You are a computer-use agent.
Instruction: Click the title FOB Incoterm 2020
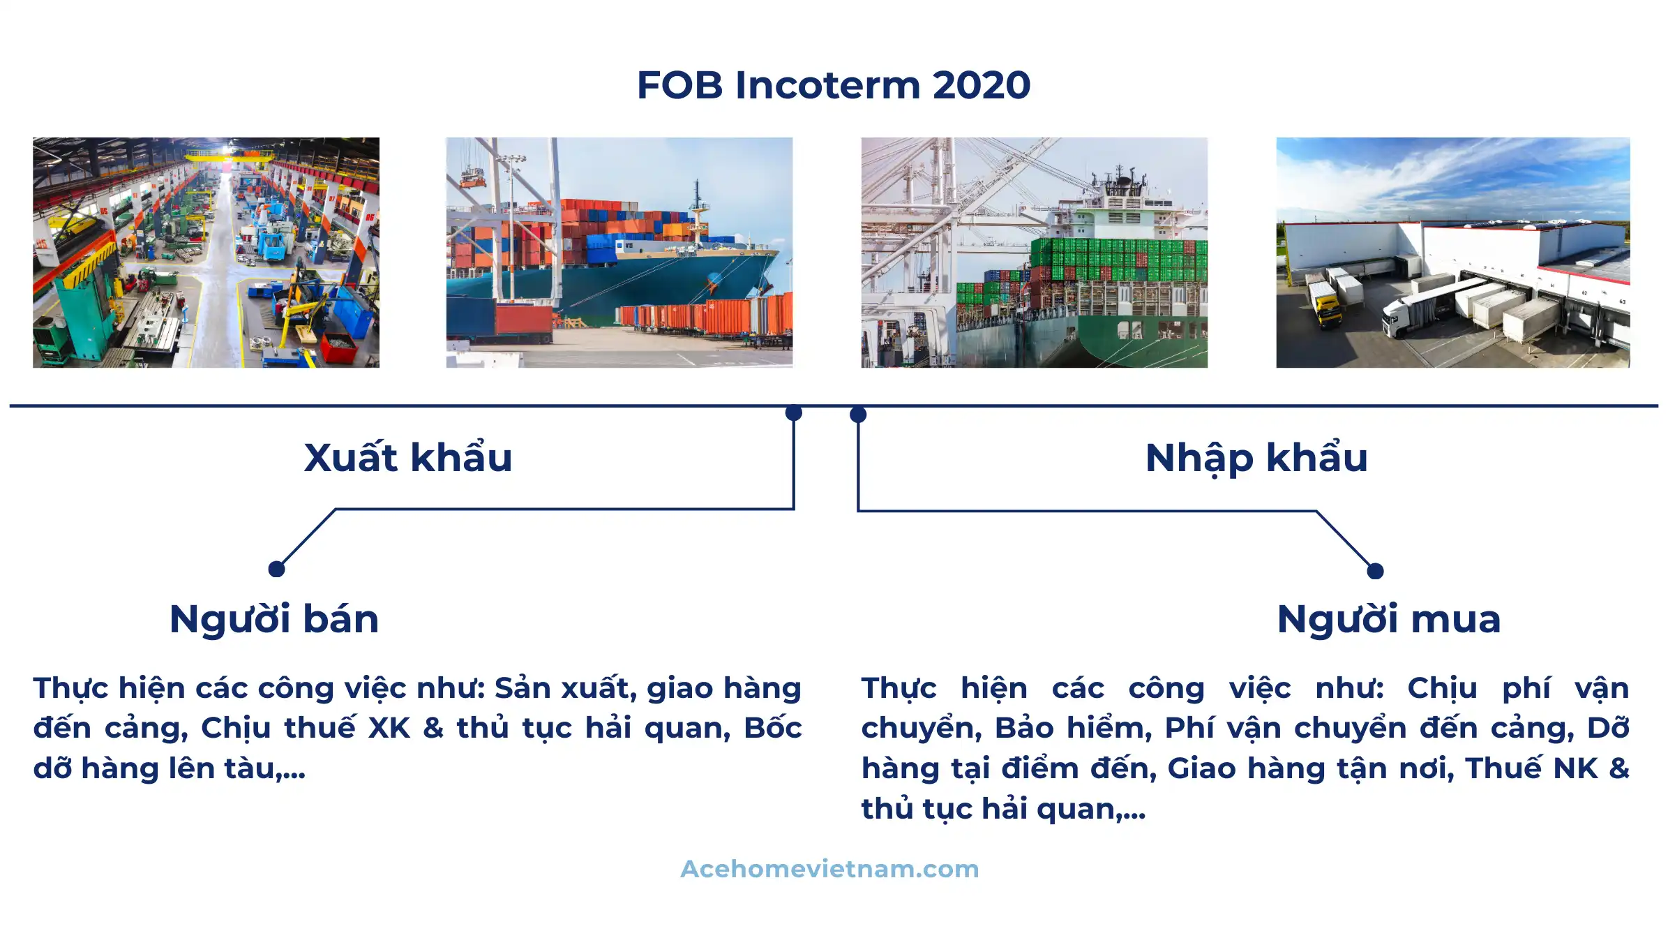(x=834, y=85)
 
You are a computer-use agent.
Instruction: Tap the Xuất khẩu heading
(x=408, y=457)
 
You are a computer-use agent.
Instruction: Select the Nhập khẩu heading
(x=1256, y=459)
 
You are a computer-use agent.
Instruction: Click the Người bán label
(x=274, y=619)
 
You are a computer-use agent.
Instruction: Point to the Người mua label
(x=1389, y=619)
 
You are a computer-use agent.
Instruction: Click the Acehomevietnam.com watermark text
(x=830, y=869)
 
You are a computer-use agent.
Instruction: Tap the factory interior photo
(x=206, y=253)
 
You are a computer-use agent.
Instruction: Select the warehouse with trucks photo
(x=1453, y=253)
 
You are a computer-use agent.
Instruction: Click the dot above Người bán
(x=276, y=569)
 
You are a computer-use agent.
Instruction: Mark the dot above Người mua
(x=1375, y=571)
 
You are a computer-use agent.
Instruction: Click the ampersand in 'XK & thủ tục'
(x=433, y=728)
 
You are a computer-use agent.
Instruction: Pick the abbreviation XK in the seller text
(x=389, y=728)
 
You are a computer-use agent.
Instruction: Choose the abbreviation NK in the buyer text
(x=1575, y=768)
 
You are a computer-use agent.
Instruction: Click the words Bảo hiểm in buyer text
(x=1073, y=728)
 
